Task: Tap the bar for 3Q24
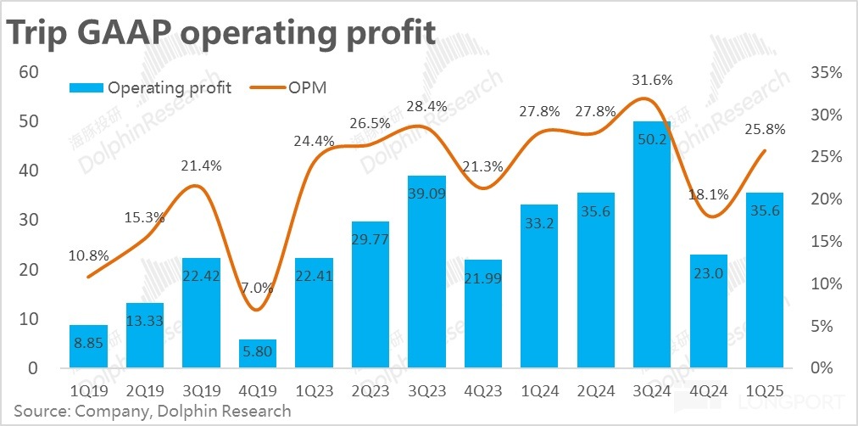[x=652, y=246]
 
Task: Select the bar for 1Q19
[x=88, y=347]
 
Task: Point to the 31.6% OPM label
[x=652, y=81]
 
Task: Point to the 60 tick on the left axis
[x=30, y=72]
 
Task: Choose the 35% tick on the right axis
[x=824, y=73]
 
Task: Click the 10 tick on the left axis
[x=30, y=319]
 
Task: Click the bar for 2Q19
[x=145, y=335]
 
